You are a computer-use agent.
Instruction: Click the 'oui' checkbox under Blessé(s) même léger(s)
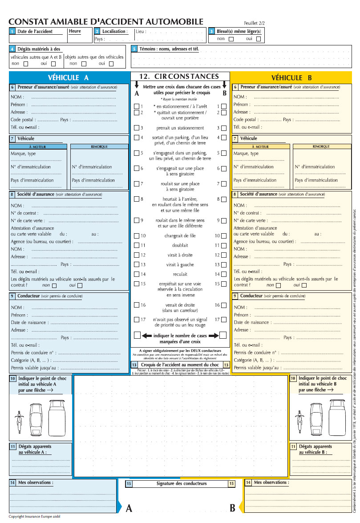(x=258, y=39)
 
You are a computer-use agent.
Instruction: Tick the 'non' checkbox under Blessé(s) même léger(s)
(x=231, y=39)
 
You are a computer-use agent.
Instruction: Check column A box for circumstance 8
(x=137, y=199)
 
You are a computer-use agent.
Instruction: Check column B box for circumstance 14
(x=223, y=274)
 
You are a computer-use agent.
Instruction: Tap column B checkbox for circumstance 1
(x=223, y=106)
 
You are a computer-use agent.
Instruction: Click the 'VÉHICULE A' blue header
(x=68, y=77)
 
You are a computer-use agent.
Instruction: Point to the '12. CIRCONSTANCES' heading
(x=179, y=77)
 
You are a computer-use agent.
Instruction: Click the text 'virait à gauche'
(x=180, y=264)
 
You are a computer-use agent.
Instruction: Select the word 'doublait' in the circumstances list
(x=180, y=245)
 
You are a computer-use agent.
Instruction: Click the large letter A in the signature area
(x=129, y=508)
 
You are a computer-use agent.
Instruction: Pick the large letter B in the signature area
(x=232, y=508)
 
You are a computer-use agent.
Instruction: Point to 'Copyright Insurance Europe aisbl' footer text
(x=34, y=517)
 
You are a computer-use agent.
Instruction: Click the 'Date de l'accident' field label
(x=35, y=32)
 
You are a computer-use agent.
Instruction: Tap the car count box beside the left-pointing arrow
(x=137, y=335)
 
